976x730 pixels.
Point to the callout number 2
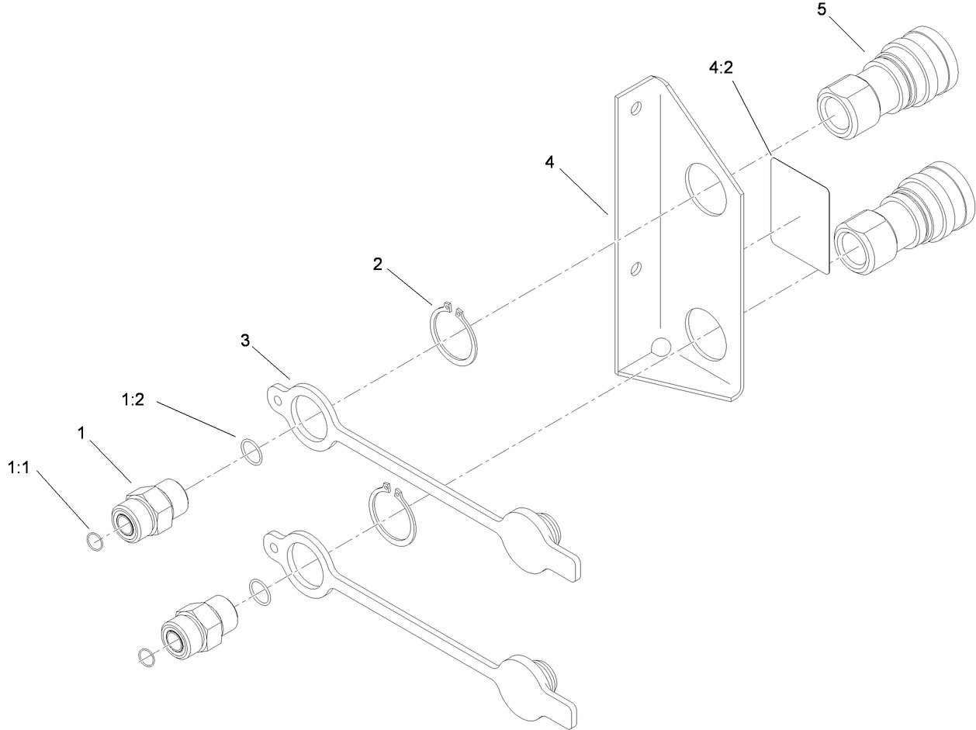pos(377,265)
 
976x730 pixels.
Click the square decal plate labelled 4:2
pos(799,216)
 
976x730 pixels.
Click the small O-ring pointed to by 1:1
pos(94,542)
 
